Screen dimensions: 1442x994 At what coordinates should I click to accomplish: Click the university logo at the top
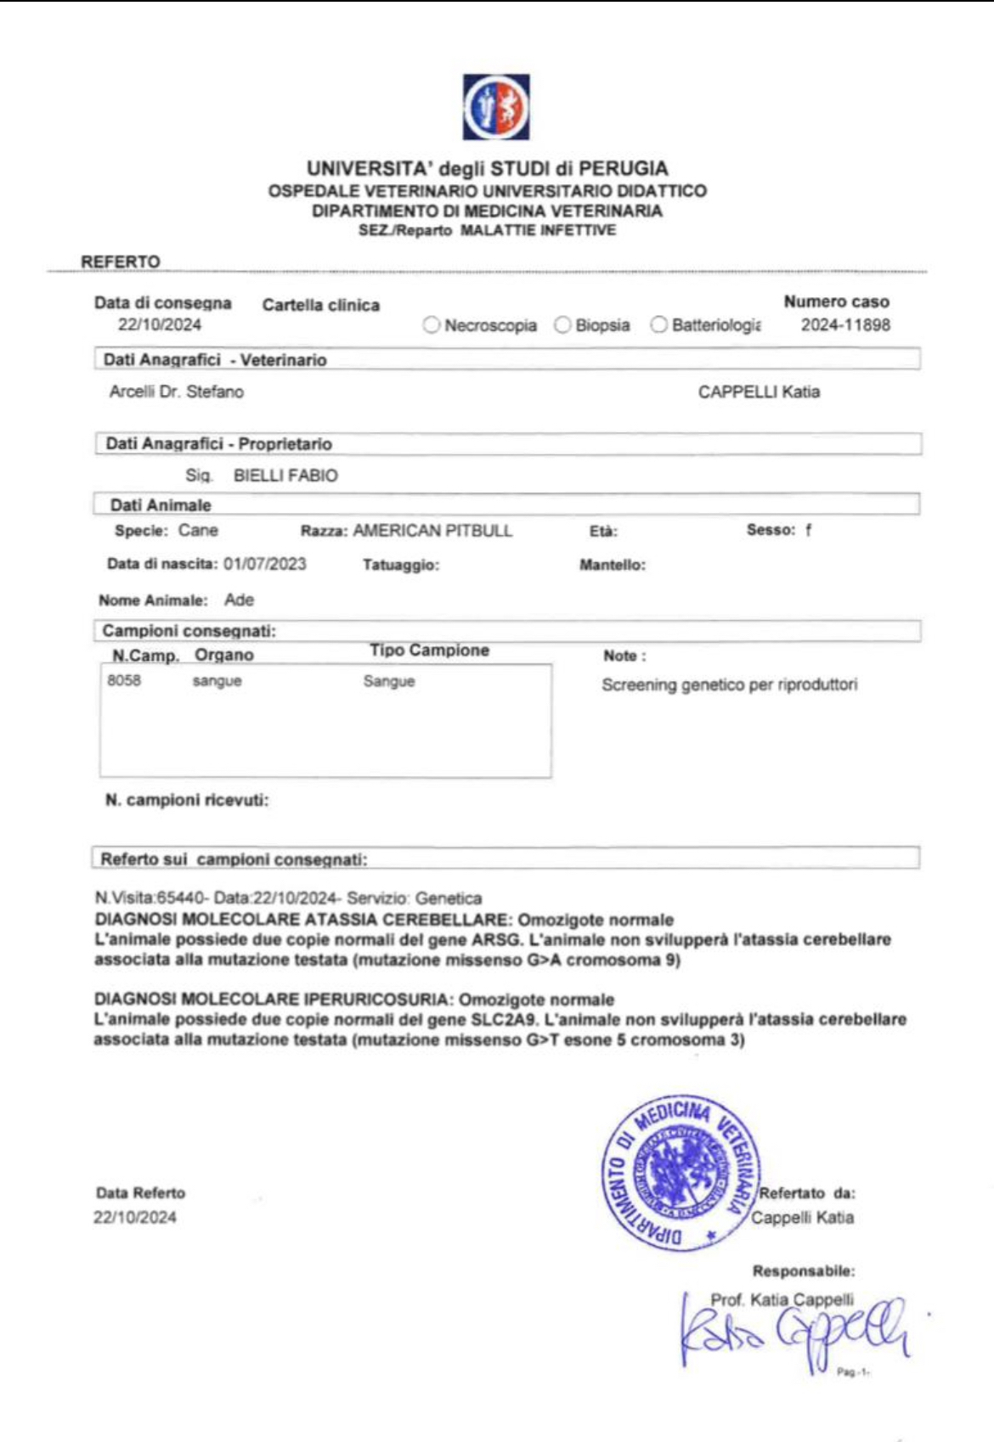496,107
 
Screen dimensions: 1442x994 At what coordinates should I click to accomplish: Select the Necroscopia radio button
432,325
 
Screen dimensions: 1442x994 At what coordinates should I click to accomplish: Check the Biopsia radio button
562,325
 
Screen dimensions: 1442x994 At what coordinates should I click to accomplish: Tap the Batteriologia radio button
658,325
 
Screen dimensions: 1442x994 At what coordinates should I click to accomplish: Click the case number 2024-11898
845,325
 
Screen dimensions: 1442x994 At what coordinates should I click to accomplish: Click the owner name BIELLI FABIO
285,476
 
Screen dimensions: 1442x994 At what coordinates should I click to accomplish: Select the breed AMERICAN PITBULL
432,531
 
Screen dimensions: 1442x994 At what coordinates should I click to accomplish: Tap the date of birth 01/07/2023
265,564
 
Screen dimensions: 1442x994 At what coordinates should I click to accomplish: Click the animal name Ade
239,600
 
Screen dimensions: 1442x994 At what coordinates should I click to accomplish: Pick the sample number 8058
124,680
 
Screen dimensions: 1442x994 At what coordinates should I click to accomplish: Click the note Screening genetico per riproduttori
729,684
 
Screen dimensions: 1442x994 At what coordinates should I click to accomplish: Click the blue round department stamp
680,1173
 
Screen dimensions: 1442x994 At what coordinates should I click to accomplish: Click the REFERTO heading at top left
121,262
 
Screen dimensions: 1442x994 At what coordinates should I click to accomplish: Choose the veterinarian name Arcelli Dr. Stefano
177,391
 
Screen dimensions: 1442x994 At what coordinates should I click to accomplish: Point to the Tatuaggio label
401,565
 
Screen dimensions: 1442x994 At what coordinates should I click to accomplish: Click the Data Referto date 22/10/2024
135,1217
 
